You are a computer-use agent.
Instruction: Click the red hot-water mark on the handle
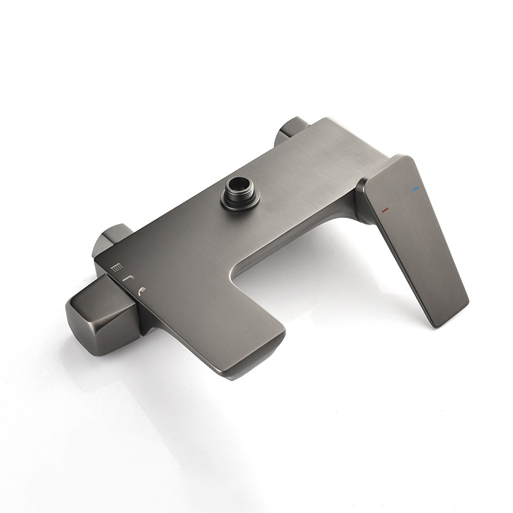tap(385, 210)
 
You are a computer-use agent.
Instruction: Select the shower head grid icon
tap(116, 267)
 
